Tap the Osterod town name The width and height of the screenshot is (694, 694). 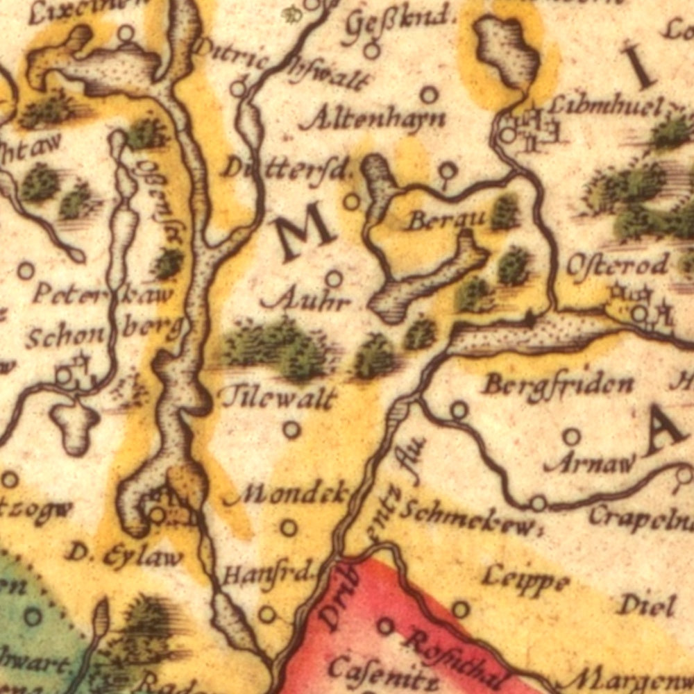click(618, 265)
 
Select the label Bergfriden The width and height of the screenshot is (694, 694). click(558, 384)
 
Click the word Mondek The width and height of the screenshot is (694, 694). click(291, 494)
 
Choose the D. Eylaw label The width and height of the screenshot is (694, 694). click(125, 555)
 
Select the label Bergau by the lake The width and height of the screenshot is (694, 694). click(446, 221)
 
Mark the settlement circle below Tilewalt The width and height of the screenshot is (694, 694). click(291, 430)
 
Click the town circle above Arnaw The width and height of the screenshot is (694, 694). click(571, 437)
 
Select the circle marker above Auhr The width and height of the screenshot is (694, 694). click(334, 279)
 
